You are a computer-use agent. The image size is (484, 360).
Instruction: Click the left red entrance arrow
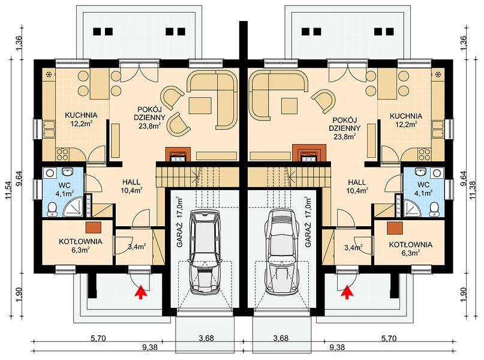141,292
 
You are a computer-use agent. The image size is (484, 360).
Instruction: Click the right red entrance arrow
347,292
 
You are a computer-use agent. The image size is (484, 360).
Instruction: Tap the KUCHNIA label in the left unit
81,115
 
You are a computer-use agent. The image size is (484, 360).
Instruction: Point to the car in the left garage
205,251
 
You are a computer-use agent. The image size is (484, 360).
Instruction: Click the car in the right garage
281,251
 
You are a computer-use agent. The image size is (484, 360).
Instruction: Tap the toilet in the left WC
52,209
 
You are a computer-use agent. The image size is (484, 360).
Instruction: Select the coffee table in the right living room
289,106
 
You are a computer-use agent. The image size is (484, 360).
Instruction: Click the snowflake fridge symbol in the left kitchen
49,75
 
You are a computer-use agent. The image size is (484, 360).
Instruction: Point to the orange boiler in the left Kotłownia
94,227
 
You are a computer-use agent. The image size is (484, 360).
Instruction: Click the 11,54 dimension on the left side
10,188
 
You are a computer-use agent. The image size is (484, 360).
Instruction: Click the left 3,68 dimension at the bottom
206,338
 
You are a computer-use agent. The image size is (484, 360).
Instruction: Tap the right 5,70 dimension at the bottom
389,338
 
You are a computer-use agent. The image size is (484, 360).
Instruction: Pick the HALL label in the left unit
131,182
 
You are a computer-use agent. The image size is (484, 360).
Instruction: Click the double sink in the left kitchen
49,129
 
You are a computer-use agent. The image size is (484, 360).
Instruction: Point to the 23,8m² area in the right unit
344,136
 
